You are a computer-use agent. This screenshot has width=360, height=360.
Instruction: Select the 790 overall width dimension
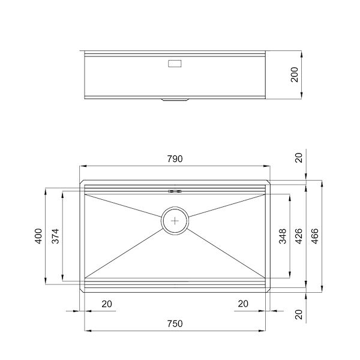point(175,159)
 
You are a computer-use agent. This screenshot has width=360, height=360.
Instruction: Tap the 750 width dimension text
point(175,323)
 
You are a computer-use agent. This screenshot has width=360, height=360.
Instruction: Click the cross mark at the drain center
point(175,221)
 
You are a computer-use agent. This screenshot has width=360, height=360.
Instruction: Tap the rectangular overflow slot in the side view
point(175,62)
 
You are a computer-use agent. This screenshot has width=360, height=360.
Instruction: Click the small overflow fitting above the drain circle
point(175,191)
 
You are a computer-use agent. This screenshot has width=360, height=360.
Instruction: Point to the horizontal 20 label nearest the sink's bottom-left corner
point(107,304)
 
